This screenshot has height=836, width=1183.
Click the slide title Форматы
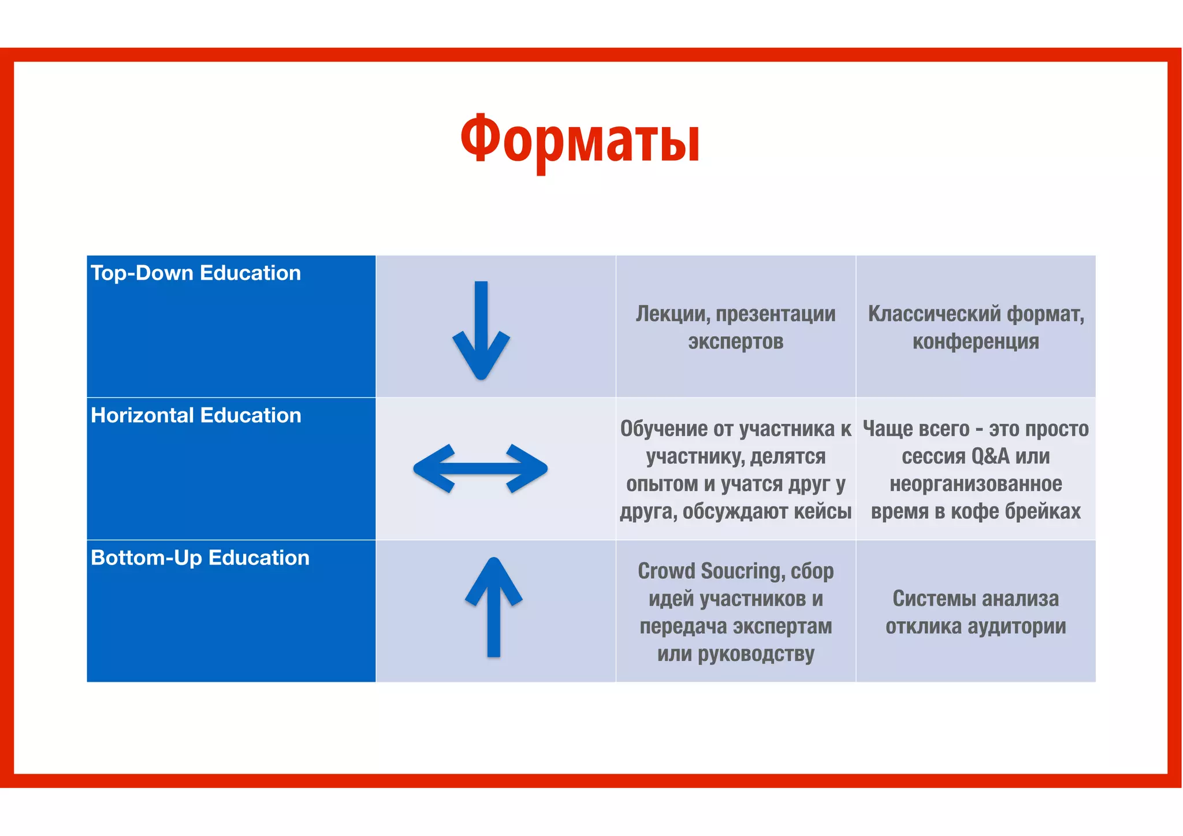[x=580, y=140]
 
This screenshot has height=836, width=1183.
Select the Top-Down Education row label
[x=196, y=273]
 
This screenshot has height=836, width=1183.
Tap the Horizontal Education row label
[x=196, y=415]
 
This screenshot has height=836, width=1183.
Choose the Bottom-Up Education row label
[x=200, y=558]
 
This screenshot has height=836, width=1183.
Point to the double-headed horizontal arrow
[x=481, y=469]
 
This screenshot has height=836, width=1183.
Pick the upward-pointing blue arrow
[x=494, y=607]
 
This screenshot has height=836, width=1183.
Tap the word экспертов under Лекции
[x=735, y=341]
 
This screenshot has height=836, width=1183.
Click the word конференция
[x=976, y=341]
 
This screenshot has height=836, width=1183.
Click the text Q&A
[x=990, y=456]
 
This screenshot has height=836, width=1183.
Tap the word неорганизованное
[x=976, y=484]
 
